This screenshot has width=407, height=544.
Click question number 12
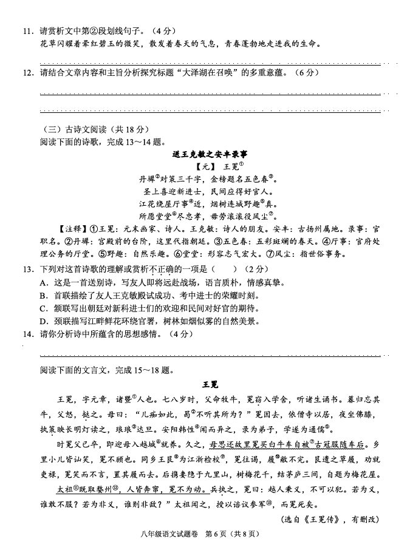click(27, 72)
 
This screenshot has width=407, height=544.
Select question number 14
click(27, 334)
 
